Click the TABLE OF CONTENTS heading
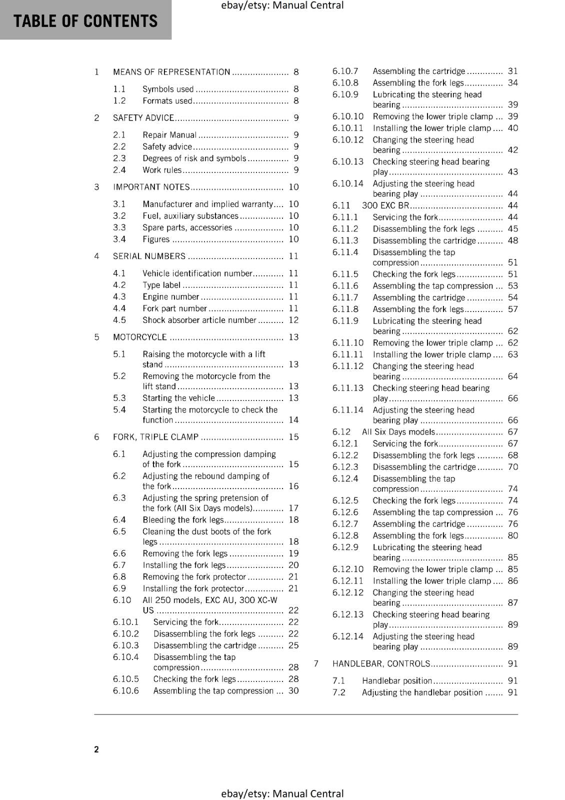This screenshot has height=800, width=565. point(85,21)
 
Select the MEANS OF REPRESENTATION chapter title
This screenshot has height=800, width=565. point(171,72)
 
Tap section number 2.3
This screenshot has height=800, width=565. point(119,158)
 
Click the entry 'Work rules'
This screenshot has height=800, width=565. point(162,170)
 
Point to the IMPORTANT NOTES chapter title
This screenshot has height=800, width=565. point(151,187)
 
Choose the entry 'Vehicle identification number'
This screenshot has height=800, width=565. point(197,273)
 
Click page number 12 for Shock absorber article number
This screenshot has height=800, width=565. point(293,320)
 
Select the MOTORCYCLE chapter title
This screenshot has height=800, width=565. point(140,337)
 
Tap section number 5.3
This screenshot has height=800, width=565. point(119,398)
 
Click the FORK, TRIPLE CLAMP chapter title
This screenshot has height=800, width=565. point(155,437)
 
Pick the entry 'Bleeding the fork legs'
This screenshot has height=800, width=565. point(183,520)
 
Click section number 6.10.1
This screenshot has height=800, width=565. point(125,622)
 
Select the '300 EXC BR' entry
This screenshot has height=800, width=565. point(385,205)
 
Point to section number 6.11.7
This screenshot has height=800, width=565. point(345,297)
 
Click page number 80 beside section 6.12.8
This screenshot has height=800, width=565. point(512,535)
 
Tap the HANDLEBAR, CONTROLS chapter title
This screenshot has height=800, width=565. point(381,663)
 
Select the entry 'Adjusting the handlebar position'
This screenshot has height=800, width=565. point(422,692)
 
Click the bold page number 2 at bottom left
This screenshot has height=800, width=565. point(96,749)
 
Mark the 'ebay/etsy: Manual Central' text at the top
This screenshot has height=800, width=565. point(282,5)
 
